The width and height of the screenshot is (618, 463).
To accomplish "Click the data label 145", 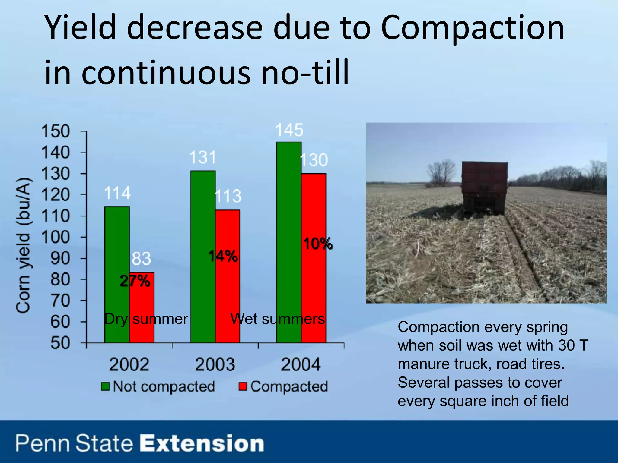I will pyautogui.click(x=289, y=130).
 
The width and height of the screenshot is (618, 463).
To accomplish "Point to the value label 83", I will pyautogui.click(x=141, y=259).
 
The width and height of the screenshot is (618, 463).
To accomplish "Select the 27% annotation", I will pyautogui.click(x=135, y=281).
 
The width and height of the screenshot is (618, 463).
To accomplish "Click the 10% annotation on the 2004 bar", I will pyautogui.click(x=318, y=244).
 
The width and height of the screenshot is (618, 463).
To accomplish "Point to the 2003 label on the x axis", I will pyautogui.click(x=215, y=364).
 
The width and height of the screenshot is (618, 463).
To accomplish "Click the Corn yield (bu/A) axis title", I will pyautogui.click(x=23, y=245).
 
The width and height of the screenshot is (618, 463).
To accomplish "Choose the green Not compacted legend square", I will pyautogui.click(x=105, y=386).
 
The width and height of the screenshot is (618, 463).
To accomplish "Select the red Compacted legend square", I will pyautogui.click(x=243, y=386).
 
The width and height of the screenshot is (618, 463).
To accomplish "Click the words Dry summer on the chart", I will pyautogui.click(x=146, y=319).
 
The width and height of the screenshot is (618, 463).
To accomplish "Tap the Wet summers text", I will pyautogui.click(x=277, y=319).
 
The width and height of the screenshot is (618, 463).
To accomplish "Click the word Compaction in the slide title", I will pyautogui.click(x=472, y=28).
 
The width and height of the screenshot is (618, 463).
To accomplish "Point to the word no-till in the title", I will pyautogui.click(x=305, y=72).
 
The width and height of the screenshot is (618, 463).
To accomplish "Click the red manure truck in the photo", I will pyautogui.click(x=485, y=187).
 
